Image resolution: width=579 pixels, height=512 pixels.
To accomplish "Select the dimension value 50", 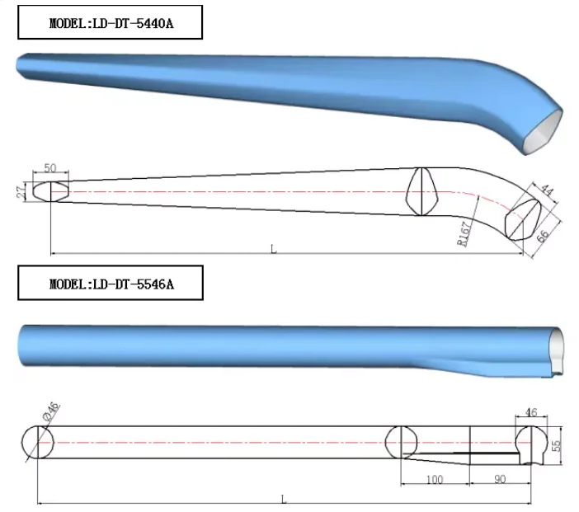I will tap(49, 167).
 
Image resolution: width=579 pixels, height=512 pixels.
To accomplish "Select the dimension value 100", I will tap(434, 479).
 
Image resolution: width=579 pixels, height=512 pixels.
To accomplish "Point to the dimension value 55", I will tap(566, 444).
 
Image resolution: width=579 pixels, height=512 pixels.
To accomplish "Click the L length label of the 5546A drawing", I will tap(284, 498).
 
